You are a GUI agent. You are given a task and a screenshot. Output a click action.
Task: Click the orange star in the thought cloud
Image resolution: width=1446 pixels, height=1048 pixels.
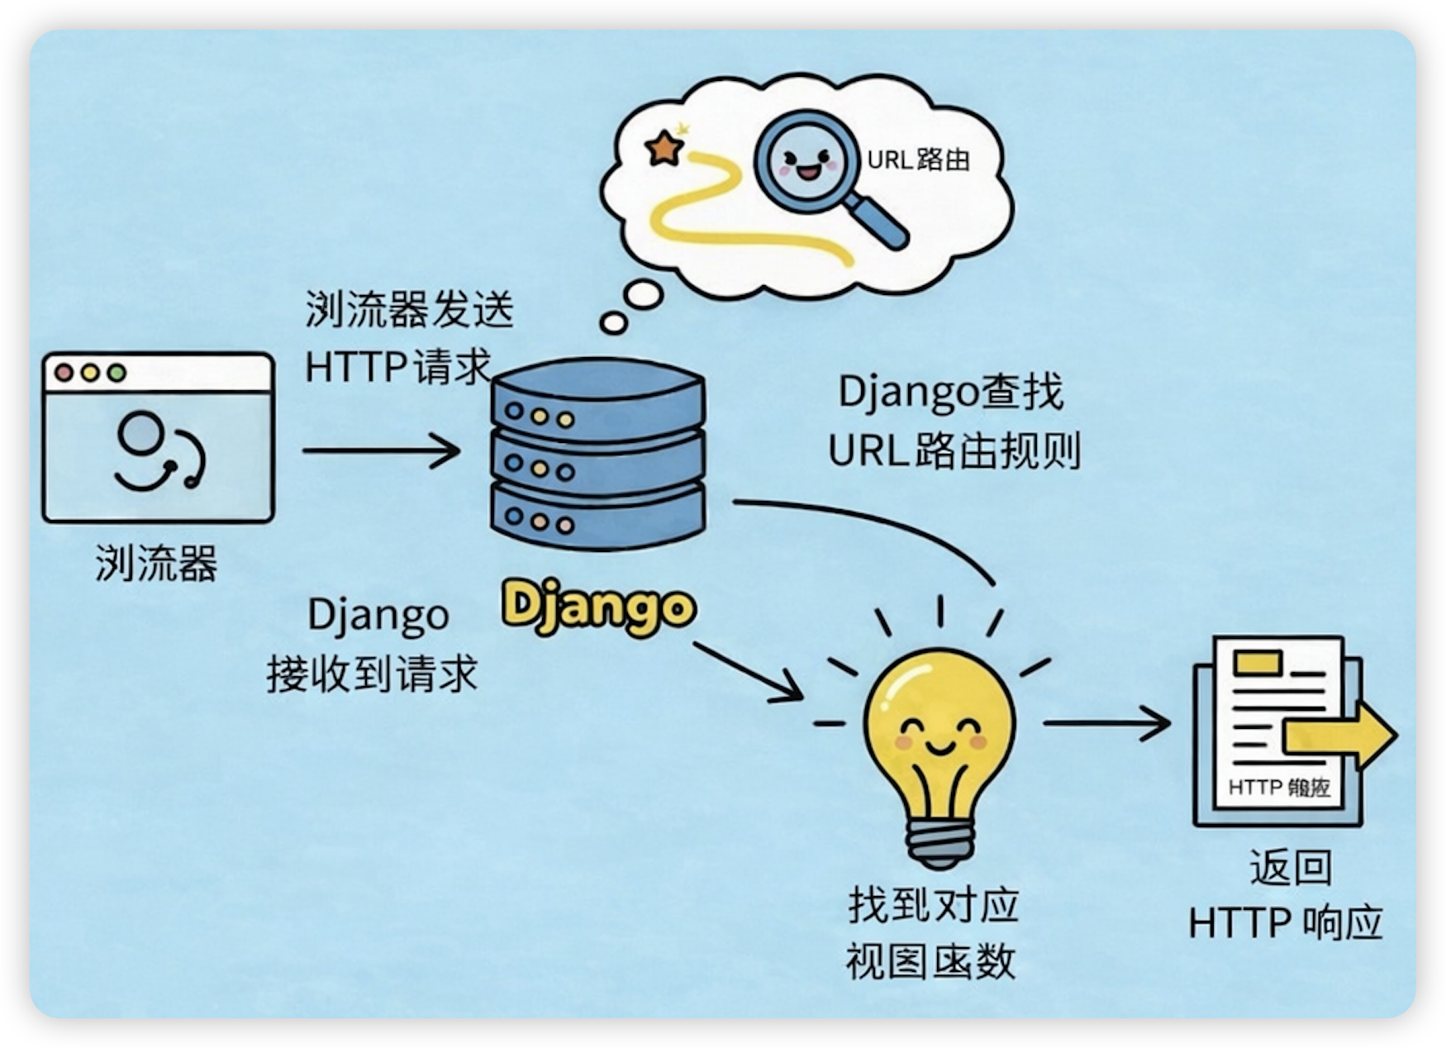[664, 149]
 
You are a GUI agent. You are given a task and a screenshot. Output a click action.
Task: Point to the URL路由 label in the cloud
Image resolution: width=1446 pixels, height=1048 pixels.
[918, 160]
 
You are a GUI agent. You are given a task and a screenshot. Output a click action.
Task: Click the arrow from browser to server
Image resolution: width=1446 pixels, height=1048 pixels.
[380, 450]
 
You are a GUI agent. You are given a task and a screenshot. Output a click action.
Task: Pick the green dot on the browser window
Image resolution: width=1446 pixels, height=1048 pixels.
[117, 373]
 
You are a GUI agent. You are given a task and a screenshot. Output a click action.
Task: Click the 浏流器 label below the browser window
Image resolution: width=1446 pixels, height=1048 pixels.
[156, 564]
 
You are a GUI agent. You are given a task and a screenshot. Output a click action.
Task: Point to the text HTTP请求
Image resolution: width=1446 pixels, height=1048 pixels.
[397, 366]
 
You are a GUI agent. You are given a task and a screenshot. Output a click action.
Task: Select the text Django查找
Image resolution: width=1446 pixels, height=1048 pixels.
[950, 392]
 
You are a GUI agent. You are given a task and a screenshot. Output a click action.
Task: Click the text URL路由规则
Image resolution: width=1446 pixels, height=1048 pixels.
[954, 451]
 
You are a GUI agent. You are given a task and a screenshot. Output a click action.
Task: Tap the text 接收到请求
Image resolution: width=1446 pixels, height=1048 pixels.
[372, 674]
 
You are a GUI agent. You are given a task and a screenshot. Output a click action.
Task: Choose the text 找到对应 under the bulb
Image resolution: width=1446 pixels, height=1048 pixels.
[933, 905]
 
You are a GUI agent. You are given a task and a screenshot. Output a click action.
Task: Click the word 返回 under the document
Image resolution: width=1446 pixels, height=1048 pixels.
[1290, 868]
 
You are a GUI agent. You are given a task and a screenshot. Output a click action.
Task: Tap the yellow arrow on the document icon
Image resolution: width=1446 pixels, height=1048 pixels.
[1339, 736]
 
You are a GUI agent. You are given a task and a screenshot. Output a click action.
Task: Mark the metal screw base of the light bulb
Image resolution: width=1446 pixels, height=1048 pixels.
[939, 843]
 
